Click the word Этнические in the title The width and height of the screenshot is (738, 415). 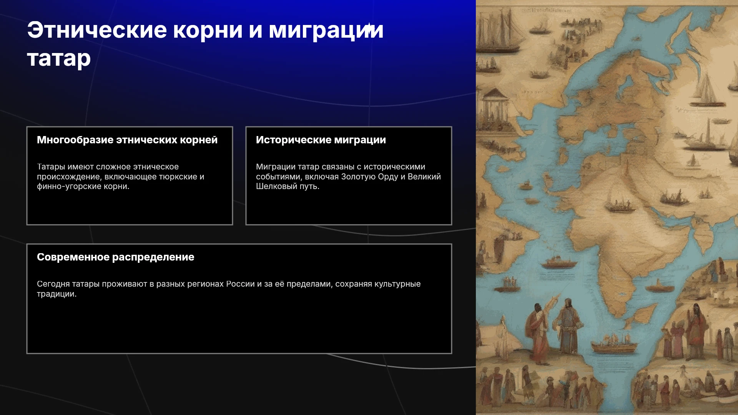[x=97, y=30]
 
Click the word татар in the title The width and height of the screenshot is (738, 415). [x=59, y=59]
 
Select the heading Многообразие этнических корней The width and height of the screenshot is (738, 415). [x=127, y=140]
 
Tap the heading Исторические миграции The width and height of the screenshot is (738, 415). [x=321, y=140]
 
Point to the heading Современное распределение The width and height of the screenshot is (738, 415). [x=116, y=257]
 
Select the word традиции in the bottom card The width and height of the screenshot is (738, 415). [x=57, y=294]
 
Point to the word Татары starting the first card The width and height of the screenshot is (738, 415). [x=51, y=167]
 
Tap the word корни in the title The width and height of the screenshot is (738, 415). [x=208, y=31]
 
